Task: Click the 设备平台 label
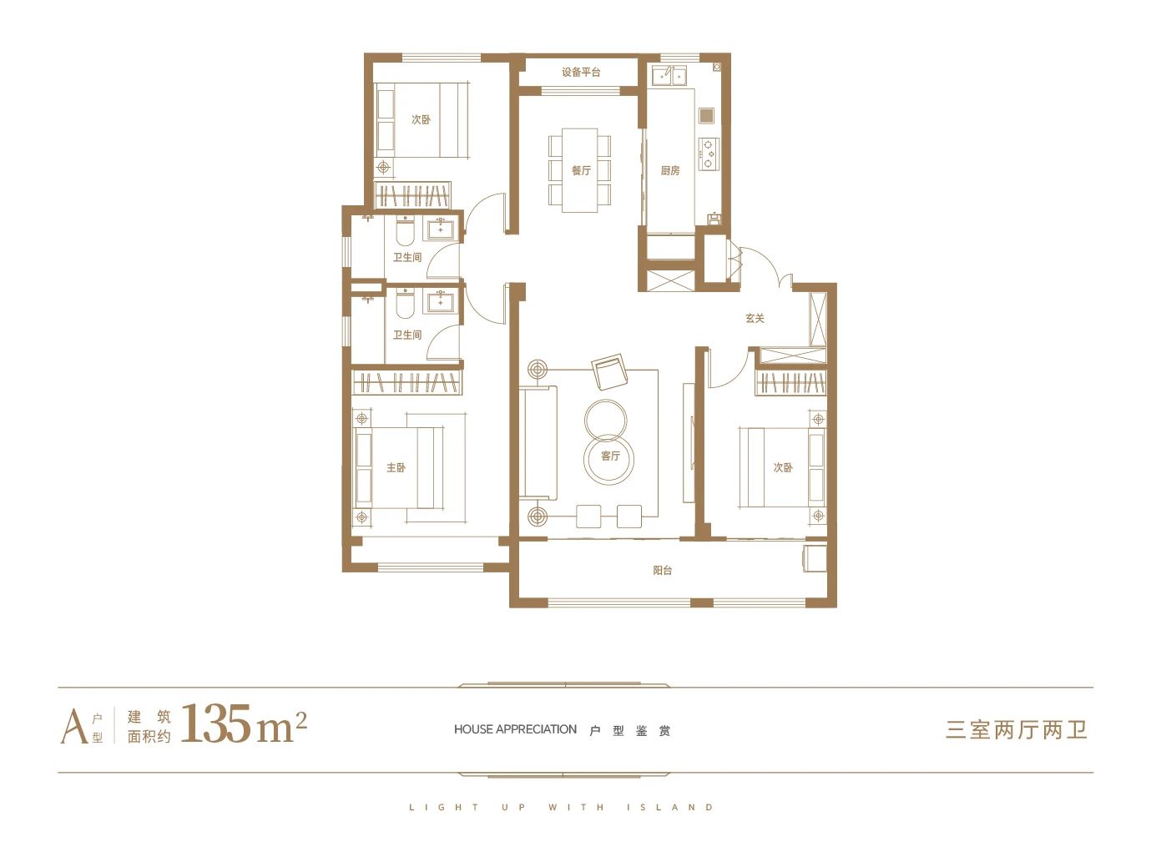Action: [581, 72]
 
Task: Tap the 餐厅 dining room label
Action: [582, 170]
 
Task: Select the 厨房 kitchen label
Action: [670, 170]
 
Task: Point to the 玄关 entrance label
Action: [755, 318]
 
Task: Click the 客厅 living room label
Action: [610, 456]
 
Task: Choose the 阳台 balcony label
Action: [662, 570]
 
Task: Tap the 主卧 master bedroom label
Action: [396, 467]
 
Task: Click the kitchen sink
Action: [669, 76]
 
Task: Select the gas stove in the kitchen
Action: [709, 154]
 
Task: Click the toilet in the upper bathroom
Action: [405, 232]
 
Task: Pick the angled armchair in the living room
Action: [610, 371]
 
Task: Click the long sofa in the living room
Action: [538, 443]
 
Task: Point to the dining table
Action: [580, 170]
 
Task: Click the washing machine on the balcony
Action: [814, 558]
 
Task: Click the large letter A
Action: [74, 727]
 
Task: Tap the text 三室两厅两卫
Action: [1016, 730]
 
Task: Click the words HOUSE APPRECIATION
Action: [515, 729]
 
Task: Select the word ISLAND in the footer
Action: [670, 808]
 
